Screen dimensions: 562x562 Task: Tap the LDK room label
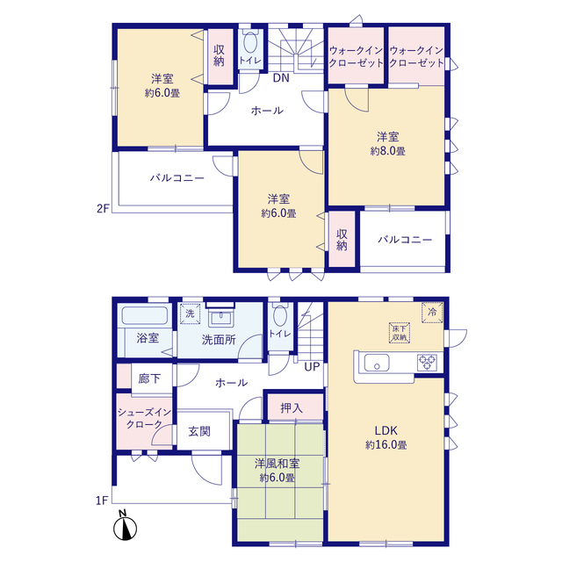coord(386,430)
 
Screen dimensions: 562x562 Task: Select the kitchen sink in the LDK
coord(377,363)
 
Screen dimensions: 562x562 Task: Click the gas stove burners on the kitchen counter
coord(428,362)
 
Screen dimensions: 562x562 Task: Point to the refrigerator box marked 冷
coord(432,313)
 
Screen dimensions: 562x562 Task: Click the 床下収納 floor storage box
coord(400,333)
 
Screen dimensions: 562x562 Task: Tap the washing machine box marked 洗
coord(190,313)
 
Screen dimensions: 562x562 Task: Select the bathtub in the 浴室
coord(145,315)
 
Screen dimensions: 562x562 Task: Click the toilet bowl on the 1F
coord(280,316)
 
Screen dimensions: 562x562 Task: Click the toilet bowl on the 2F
coord(250,42)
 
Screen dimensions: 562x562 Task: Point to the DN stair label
coord(281,78)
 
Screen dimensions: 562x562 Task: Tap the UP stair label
coord(312,367)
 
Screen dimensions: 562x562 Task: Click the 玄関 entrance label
coord(199,431)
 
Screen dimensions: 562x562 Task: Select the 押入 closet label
coord(292,407)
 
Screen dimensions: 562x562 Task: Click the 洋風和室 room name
coord(277,464)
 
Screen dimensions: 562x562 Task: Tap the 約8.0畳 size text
coord(388,151)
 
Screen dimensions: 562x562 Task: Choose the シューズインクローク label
coord(144,418)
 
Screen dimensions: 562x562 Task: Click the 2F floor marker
coord(103,208)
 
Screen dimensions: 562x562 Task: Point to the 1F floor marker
coord(102,500)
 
